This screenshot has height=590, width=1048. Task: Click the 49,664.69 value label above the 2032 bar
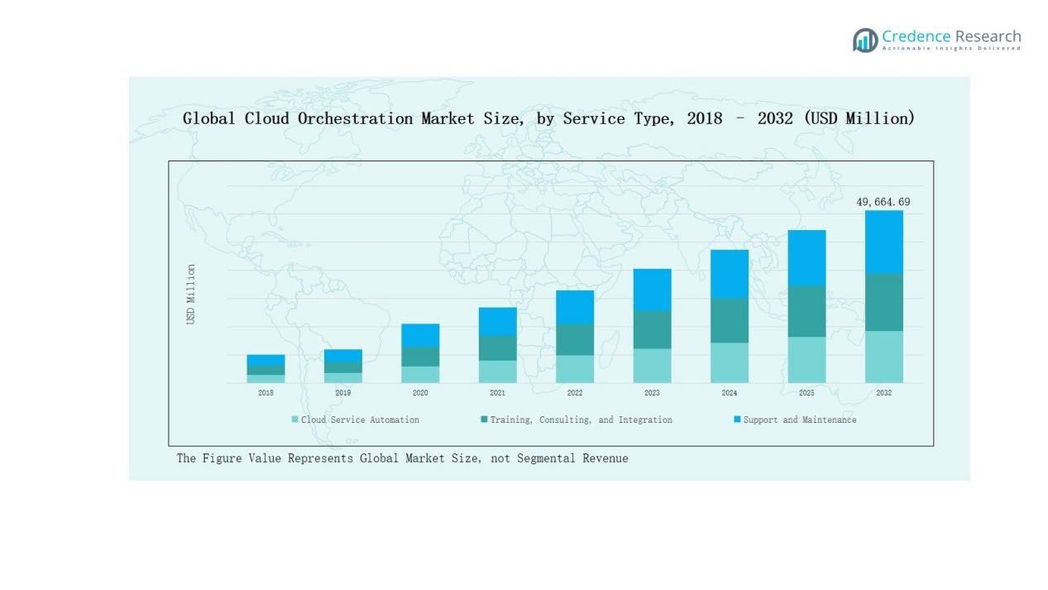(883, 202)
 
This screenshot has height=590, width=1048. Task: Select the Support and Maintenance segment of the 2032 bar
(883, 242)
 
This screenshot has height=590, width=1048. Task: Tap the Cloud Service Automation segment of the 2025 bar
(806, 359)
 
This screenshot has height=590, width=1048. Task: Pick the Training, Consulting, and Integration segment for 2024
(729, 320)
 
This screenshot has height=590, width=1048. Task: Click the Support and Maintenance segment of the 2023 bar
(652, 290)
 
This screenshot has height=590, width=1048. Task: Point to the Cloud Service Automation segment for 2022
(575, 369)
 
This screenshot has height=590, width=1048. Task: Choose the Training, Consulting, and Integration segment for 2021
(497, 348)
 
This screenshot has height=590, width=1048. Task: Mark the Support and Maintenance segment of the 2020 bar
(420, 335)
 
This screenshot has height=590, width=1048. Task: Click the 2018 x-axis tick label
(266, 393)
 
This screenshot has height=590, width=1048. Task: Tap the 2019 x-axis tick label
(342, 393)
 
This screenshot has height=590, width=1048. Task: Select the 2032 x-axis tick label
(883, 393)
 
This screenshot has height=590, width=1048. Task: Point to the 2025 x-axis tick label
(806, 393)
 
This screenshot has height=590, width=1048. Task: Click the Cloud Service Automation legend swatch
(294, 420)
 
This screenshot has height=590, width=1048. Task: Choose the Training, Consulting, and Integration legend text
(581, 420)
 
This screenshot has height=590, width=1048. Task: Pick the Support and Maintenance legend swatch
(737, 420)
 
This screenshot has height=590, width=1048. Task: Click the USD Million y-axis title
(191, 295)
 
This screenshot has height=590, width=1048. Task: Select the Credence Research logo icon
(865, 40)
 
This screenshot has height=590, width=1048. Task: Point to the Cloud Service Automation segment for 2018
(266, 379)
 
